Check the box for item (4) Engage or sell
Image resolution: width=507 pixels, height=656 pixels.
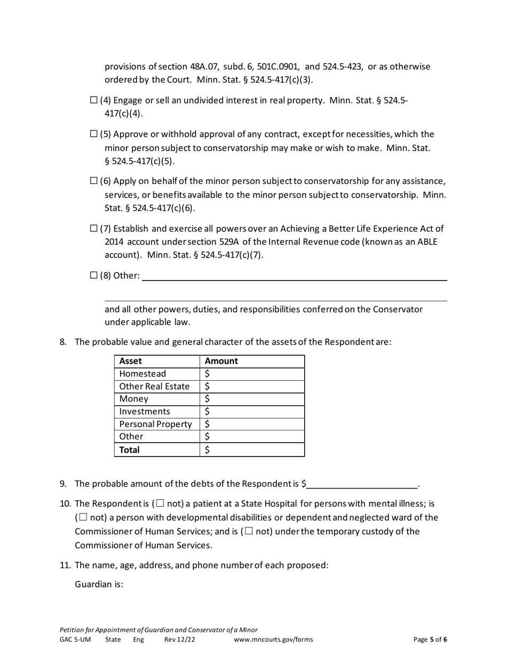pyautogui.click(x=94, y=100)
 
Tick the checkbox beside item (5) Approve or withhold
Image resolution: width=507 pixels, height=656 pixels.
pyautogui.click(x=94, y=134)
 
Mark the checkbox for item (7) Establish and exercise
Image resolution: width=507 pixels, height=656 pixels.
pyautogui.click(x=94, y=228)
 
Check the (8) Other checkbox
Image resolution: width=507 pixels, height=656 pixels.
pyautogui.click(x=94, y=275)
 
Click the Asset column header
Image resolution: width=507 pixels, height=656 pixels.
pyautogui.click(x=131, y=361)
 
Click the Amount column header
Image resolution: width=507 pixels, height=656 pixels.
pyautogui.click(x=221, y=361)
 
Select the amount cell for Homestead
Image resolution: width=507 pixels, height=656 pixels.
pyautogui.click(x=252, y=374)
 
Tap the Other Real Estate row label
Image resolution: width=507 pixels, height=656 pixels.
pyautogui.click(x=154, y=387)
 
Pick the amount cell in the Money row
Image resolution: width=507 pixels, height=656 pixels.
pyautogui.click(x=252, y=399)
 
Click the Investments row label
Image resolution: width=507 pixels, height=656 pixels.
pyautogui.click(x=145, y=412)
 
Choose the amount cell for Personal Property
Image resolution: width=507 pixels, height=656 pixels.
pyautogui.click(x=252, y=425)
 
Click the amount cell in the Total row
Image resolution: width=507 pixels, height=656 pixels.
pyautogui.click(x=252, y=450)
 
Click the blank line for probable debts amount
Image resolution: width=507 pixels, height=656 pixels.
pyautogui.click(x=362, y=484)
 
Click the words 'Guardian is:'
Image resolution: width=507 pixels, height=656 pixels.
pyautogui.click(x=99, y=584)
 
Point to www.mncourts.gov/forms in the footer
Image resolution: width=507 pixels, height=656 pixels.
pyautogui.click(x=273, y=639)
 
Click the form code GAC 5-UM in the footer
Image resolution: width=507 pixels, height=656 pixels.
pyautogui.click(x=75, y=639)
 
